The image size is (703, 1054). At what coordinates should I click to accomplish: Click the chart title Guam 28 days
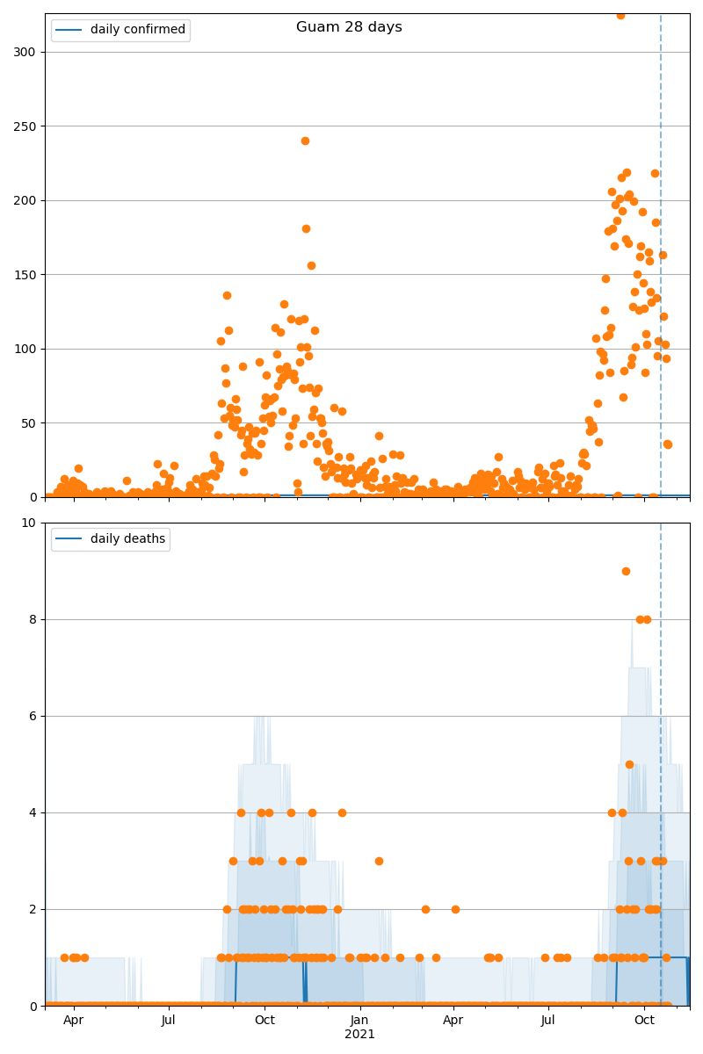pos(349,27)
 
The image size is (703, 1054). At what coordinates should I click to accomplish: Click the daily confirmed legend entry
pos(120,30)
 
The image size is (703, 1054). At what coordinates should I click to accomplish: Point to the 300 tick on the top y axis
pos(25,52)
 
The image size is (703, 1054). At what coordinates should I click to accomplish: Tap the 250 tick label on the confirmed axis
pos(25,126)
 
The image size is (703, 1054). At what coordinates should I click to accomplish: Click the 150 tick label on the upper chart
pos(25,275)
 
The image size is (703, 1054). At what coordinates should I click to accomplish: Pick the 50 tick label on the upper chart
pos(29,423)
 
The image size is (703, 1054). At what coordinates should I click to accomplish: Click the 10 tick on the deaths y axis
pos(29,523)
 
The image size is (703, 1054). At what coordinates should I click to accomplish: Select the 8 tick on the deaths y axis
pos(33,619)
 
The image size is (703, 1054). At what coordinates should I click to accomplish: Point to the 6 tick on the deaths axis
pos(33,716)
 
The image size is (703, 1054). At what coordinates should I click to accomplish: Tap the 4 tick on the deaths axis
pos(33,812)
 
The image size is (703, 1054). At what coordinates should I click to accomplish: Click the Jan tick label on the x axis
pos(359,1021)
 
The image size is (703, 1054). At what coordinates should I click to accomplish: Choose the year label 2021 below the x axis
pos(359,1035)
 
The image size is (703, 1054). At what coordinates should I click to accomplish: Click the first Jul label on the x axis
pos(169,1021)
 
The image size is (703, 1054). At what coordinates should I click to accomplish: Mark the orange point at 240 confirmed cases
pos(305,141)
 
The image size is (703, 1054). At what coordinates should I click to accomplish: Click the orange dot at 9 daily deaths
pos(626,571)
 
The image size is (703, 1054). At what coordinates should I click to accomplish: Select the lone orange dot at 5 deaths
pos(629,764)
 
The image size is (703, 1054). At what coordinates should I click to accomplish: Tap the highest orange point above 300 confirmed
pos(620,15)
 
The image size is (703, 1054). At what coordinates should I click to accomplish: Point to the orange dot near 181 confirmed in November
pos(306,228)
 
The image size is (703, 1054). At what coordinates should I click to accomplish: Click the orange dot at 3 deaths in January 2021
pos(379,861)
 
